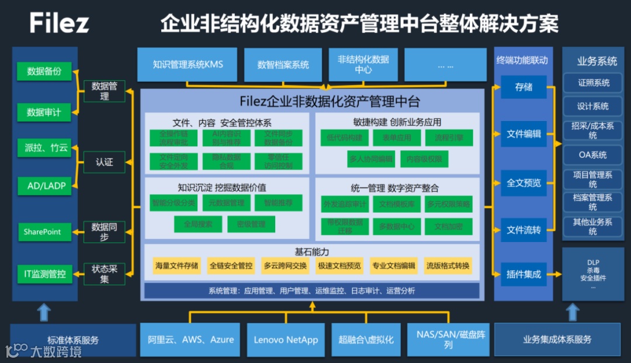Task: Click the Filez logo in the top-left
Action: [x=60, y=23]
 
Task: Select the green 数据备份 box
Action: [x=44, y=72]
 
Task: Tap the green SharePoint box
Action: [x=43, y=232]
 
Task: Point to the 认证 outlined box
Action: [x=104, y=162]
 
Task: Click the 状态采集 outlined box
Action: [x=104, y=274]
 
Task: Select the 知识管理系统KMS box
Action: [x=188, y=64]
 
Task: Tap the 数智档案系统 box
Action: [x=283, y=65]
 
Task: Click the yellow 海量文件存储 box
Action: [x=176, y=266]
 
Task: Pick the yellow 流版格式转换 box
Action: [x=448, y=266]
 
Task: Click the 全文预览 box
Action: [x=523, y=183]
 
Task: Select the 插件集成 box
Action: [x=523, y=274]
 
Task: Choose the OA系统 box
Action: [x=592, y=155]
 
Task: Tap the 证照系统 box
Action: [x=593, y=83]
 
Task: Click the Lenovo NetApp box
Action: [x=286, y=340]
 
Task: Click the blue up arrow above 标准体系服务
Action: [x=44, y=312]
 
